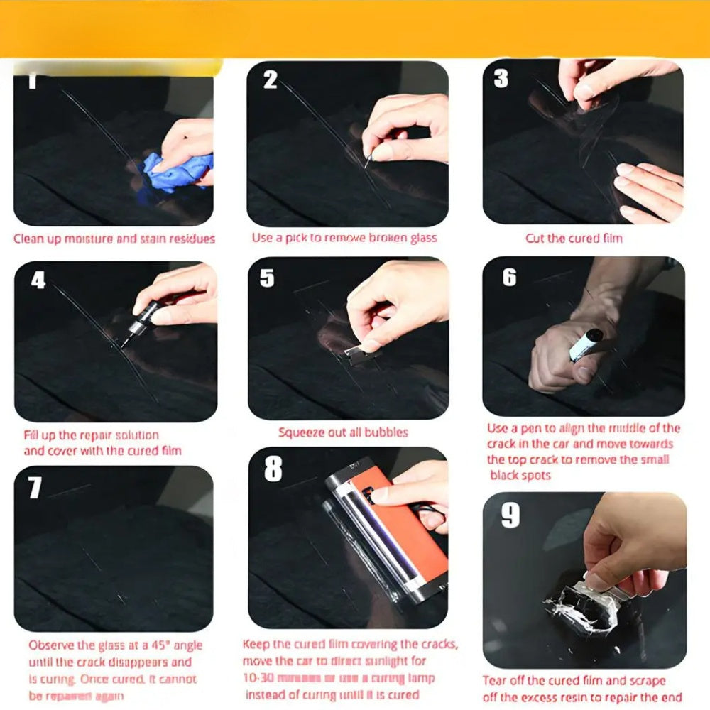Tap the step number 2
click(x=271, y=80)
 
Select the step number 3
click(x=501, y=78)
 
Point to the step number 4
click(x=38, y=280)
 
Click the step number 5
click(x=267, y=278)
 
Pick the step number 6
click(x=509, y=277)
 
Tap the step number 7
click(x=35, y=488)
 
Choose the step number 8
click(x=273, y=469)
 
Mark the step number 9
click(x=510, y=516)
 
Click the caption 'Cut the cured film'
click(x=574, y=239)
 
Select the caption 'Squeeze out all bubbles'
click(x=343, y=432)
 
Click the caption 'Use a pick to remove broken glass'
click(x=344, y=239)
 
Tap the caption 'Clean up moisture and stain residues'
click(x=114, y=239)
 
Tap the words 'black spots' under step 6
click(x=520, y=475)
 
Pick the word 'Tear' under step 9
click(x=495, y=681)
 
